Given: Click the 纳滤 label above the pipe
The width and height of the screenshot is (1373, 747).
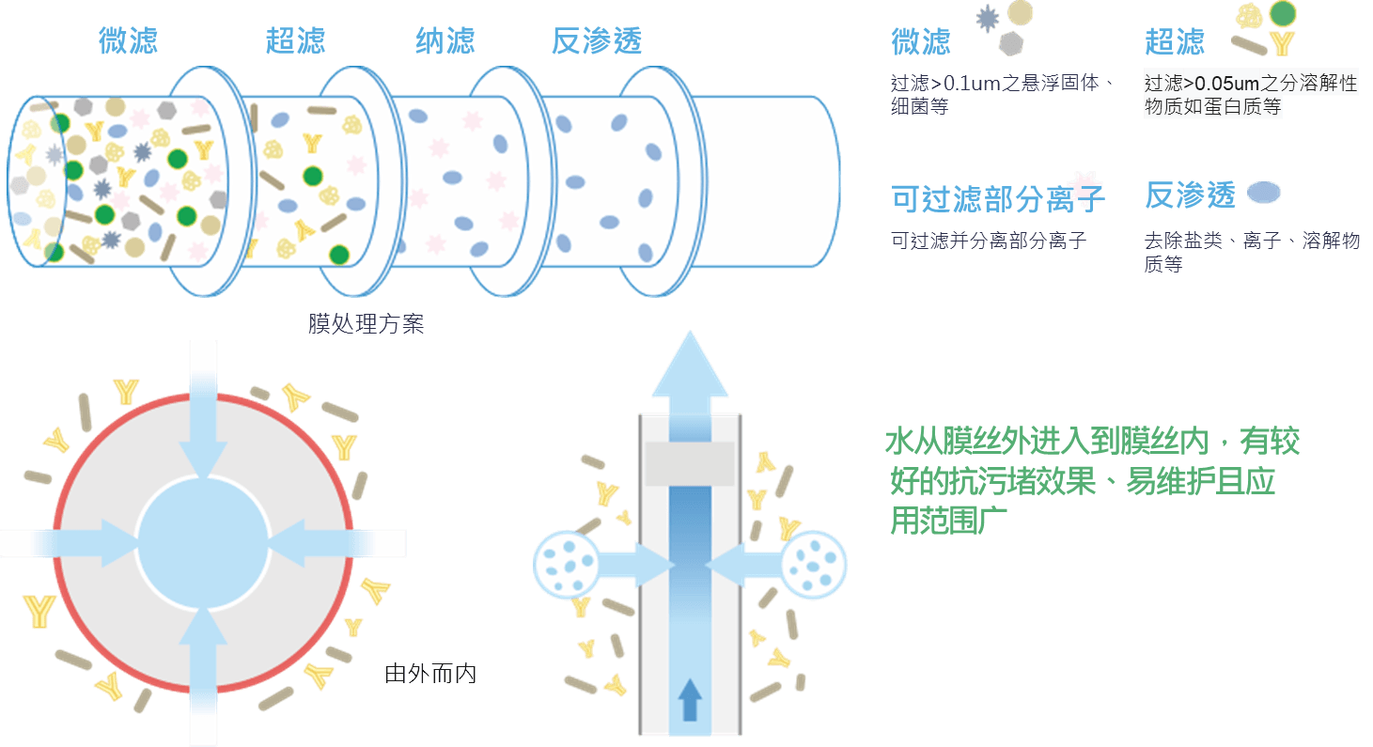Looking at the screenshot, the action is [445, 40].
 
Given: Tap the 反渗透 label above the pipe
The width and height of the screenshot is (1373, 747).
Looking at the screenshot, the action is [597, 40].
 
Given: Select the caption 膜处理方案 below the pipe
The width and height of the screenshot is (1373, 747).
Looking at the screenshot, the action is [366, 323].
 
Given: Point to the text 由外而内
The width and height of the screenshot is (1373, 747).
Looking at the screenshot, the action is [430, 674].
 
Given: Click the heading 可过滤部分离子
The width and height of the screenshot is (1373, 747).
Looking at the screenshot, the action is [998, 199].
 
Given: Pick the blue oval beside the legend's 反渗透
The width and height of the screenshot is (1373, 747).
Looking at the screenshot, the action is [1263, 192].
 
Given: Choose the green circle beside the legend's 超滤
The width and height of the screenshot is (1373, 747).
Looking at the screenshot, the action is [1282, 13].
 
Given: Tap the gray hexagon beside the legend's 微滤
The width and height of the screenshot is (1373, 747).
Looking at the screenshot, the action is [1011, 43].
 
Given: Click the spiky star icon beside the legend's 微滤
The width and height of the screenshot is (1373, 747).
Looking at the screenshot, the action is [987, 19].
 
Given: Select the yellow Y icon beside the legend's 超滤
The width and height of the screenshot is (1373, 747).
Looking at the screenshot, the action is [1282, 43].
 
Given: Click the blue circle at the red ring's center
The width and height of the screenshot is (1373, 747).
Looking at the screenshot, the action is [203, 543].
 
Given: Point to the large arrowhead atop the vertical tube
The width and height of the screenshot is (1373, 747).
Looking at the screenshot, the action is [690, 364].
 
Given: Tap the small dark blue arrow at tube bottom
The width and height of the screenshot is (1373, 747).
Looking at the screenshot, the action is [690, 699].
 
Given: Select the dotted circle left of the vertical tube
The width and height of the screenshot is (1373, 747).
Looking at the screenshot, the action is [566, 564].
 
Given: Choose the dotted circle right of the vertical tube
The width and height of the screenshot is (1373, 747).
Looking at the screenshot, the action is [814, 564].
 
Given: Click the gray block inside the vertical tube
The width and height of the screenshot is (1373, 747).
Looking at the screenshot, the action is [690, 464].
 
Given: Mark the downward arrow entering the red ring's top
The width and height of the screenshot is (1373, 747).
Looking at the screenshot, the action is [203, 411].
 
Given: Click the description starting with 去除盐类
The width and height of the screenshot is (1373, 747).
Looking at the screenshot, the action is [1252, 252].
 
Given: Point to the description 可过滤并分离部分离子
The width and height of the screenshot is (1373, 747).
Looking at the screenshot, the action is [988, 241].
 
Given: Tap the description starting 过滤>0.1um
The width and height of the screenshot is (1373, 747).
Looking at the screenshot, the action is [1002, 94].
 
